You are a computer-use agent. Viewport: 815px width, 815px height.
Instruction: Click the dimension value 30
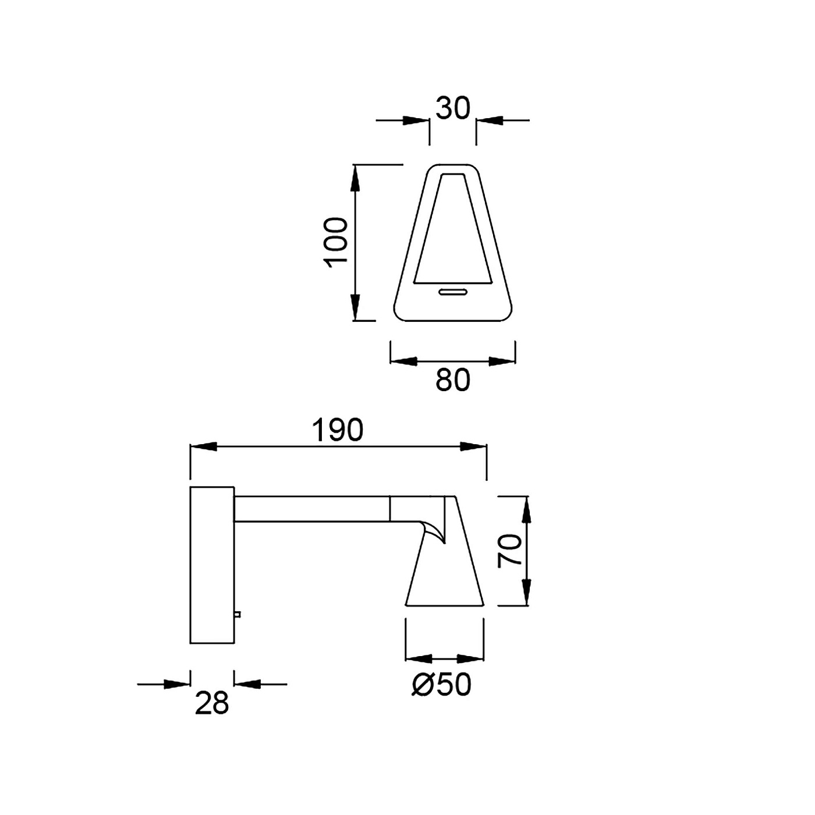click(x=452, y=108)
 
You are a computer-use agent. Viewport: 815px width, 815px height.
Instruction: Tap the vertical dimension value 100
click(x=335, y=243)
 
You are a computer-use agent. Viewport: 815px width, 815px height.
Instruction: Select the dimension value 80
click(x=452, y=380)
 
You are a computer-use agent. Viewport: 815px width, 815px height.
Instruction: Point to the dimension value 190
click(x=338, y=430)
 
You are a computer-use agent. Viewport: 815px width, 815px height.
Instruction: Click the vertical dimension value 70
click(x=509, y=550)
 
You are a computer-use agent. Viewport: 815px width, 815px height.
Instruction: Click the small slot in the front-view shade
click(x=452, y=292)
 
